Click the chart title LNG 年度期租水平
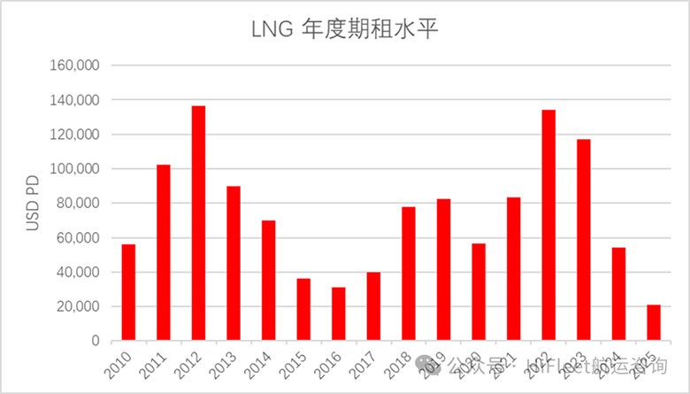[345, 30]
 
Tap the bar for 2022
[548, 225]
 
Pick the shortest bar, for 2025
[654, 323]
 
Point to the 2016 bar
[338, 314]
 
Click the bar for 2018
[409, 274]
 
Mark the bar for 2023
[584, 240]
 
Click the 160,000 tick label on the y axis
[79, 66]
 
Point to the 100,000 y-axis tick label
[79, 169]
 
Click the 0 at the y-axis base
[98, 341]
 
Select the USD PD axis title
[33, 204]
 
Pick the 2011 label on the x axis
[157, 364]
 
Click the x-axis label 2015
[296, 364]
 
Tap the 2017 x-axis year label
[366, 364]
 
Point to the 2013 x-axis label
[226, 364]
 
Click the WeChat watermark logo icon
[430, 364]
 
